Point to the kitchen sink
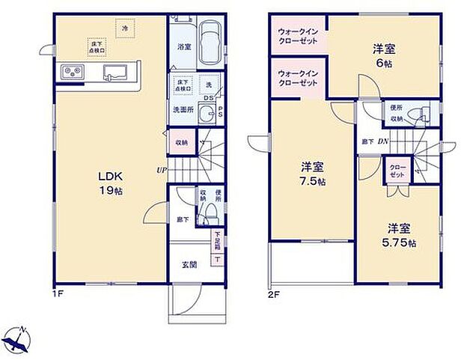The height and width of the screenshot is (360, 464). tap(116, 73)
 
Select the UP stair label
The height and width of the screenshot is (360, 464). tap(161, 170)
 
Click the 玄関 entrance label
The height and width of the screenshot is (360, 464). tap(188, 264)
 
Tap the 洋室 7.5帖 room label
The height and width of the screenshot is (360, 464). tap(312, 174)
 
